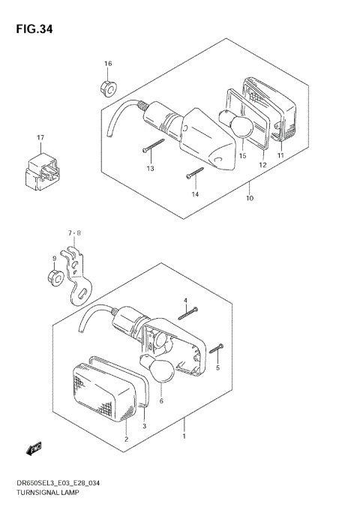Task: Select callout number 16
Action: coord(108,63)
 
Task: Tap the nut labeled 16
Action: coord(107,88)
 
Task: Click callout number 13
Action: coord(150,168)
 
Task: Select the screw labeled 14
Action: coord(194,174)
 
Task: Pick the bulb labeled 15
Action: coord(238,125)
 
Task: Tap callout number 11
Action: coord(280,155)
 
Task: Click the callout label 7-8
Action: coord(73,233)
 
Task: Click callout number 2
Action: coord(126,438)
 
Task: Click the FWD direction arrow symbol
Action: coord(34,448)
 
